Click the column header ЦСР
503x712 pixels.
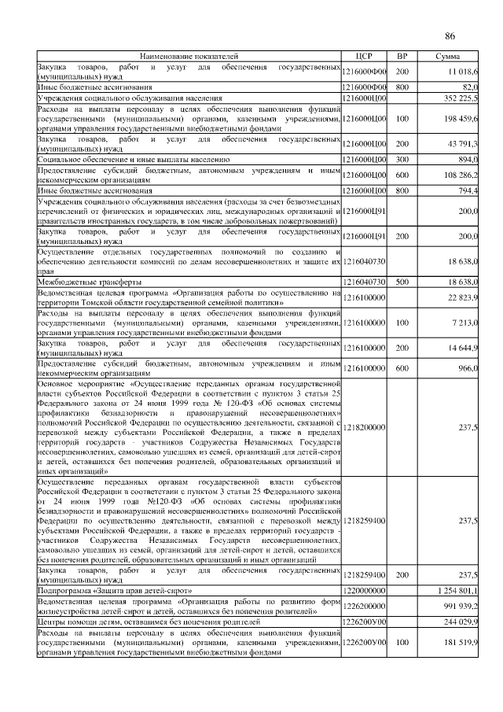[363, 57]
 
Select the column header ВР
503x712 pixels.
[402, 57]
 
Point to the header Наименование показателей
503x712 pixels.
[189, 57]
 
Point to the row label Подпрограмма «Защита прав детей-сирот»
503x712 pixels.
[115, 589]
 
